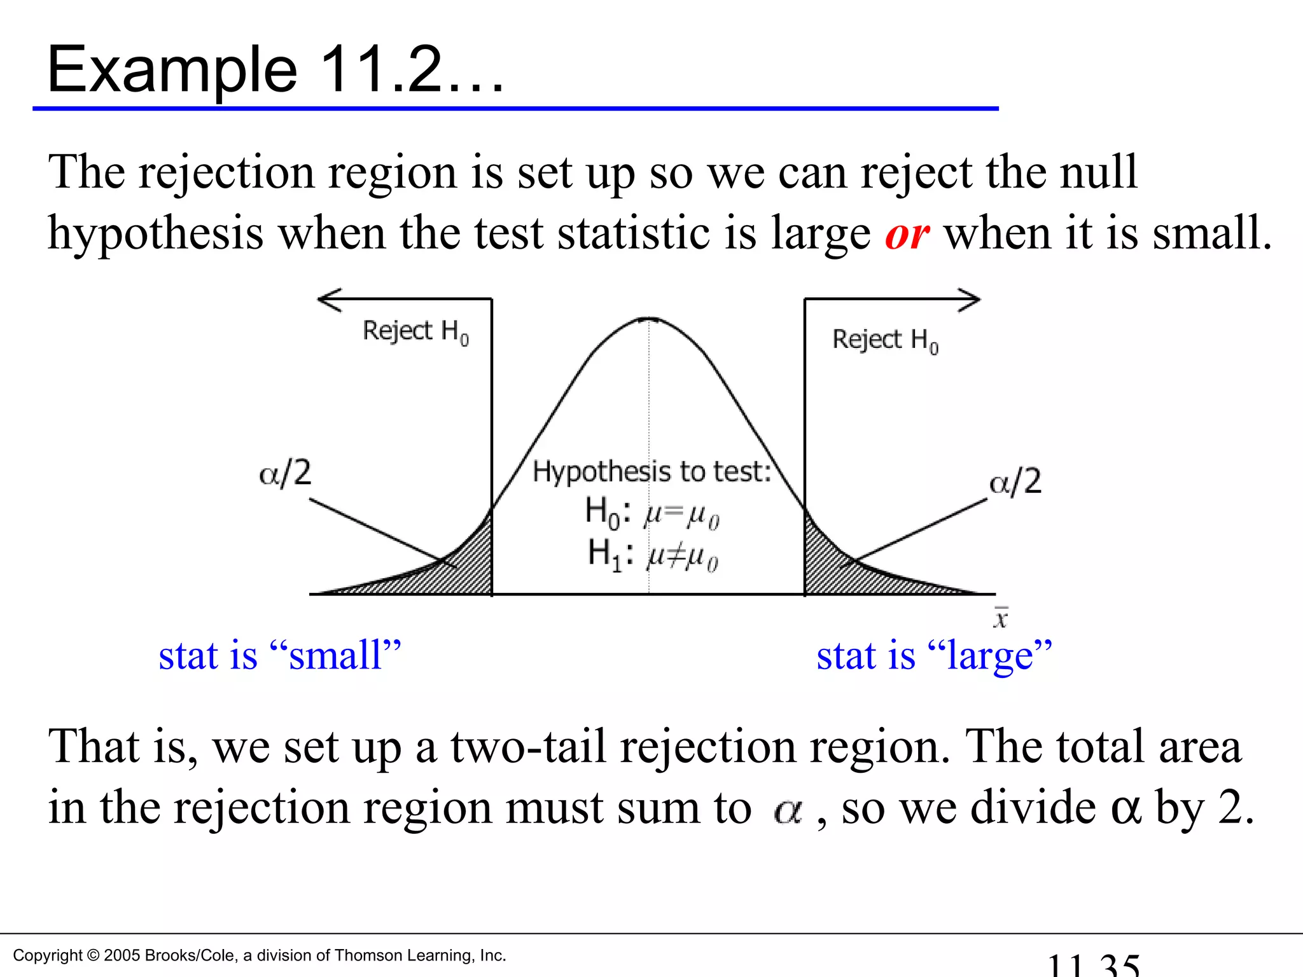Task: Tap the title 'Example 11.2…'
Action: (x=275, y=70)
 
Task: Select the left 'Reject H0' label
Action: (x=415, y=331)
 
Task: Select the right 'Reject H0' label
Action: (x=885, y=340)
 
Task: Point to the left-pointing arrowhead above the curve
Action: (x=329, y=299)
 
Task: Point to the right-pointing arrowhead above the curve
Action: (x=969, y=300)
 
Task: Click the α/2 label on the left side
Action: (x=285, y=473)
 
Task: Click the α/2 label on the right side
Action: (x=1015, y=482)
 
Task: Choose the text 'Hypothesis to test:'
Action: (x=651, y=472)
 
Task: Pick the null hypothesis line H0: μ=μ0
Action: (x=651, y=512)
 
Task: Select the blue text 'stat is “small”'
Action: (x=280, y=655)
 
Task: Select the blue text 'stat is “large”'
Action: (x=934, y=655)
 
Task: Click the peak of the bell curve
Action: (x=648, y=318)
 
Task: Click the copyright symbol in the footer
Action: (x=93, y=955)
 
